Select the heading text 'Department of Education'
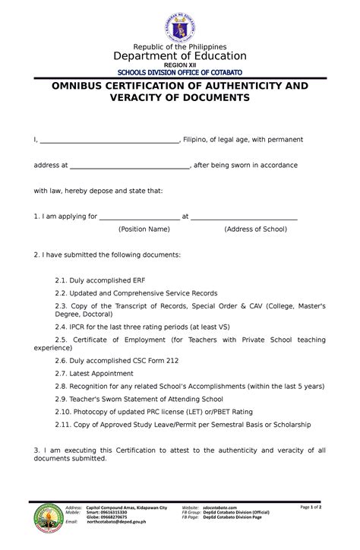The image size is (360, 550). [x=180, y=56]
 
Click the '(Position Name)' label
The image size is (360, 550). [x=144, y=229]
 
